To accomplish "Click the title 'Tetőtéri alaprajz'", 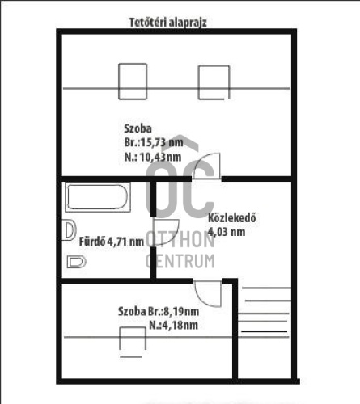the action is [168, 23].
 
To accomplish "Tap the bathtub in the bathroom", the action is [98, 197].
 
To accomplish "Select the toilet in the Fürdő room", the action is [76, 262].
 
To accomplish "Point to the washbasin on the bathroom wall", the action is [69, 230].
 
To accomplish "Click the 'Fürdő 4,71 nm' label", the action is [112, 242].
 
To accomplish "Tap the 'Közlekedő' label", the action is [232, 218].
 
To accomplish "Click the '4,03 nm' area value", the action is [227, 232].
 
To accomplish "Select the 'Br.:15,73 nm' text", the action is [154, 142].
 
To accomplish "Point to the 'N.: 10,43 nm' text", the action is [153, 157].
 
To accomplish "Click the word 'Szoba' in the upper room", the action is [138, 128].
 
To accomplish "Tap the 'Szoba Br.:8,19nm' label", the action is [159, 311].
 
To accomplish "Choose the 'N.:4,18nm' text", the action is [173, 325].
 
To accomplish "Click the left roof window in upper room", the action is [133, 82].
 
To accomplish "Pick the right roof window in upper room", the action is [214, 82].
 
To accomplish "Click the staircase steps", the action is [264, 313].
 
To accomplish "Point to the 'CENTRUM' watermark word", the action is [180, 261].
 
